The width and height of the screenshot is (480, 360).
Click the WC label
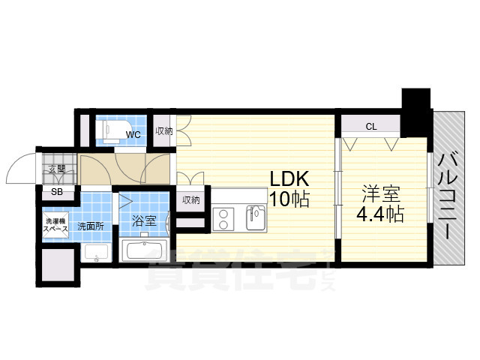pyautogui.click(x=133, y=135)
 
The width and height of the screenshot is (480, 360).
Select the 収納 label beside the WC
pyautogui.click(x=163, y=131)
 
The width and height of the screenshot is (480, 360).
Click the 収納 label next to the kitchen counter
pyautogui.click(x=190, y=199)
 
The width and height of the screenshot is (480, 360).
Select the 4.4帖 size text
pyautogui.click(x=381, y=214)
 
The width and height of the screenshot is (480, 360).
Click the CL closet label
pyautogui.click(x=370, y=127)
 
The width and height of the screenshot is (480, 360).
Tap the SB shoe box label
pyautogui.click(x=57, y=192)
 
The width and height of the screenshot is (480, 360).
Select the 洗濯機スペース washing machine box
pyautogui.click(x=57, y=224)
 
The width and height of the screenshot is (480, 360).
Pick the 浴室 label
pyautogui.click(x=144, y=222)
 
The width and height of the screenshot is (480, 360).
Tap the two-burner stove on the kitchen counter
pyautogui.click(x=225, y=219)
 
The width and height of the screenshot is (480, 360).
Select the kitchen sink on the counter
pyautogui.click(x=256, y=219)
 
